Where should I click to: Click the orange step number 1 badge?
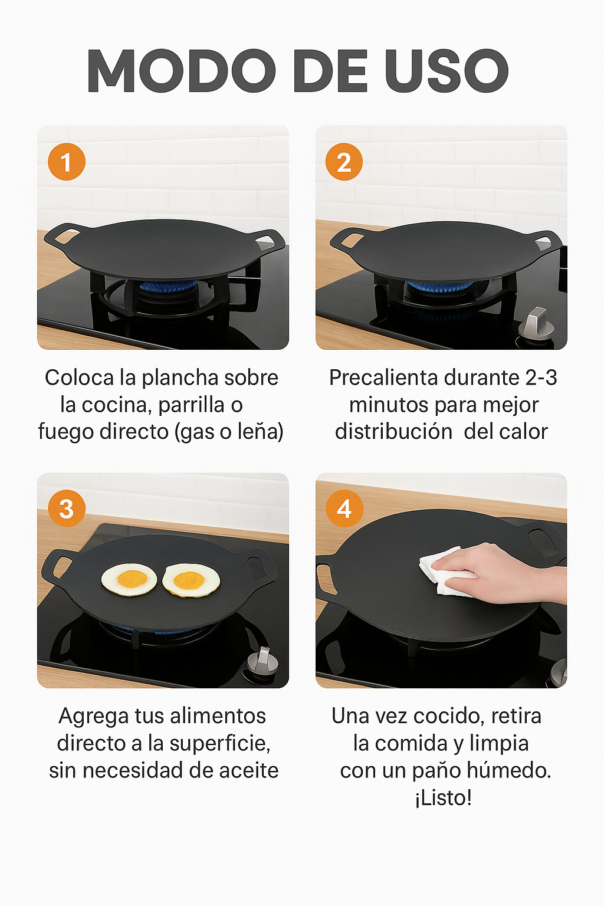point(66,162)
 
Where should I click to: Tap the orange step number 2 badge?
point(344,162)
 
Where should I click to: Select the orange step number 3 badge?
point(66,508)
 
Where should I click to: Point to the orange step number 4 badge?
point(344,508)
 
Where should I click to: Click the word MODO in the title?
point(181,71)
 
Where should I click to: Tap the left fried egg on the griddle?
point(129,579)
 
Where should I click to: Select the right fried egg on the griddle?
point(191,580)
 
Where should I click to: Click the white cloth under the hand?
point(441,571)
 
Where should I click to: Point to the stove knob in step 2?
point(536,324)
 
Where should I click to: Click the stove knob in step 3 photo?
point(263,661)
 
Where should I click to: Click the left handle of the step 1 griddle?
point(65,236)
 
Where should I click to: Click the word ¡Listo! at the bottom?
point(444,797)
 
